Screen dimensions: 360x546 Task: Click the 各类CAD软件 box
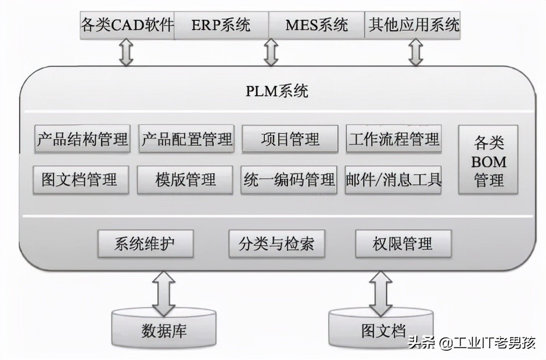[x=127, y=25]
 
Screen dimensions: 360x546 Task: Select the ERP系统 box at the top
[x=221, y=25]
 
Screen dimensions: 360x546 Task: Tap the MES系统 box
[x=317, y=25]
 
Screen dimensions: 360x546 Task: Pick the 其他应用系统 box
[x=413, y=25]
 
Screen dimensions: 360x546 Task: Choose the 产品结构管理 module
[x=82, y=139]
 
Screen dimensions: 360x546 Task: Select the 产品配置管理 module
[x=186, y=139]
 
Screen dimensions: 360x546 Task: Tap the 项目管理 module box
[x=290, y=139]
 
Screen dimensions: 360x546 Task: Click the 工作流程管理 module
[x=394, y=139]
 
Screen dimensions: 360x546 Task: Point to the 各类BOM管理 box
[x=488, y=160]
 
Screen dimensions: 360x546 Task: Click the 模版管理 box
[x=185, y=179]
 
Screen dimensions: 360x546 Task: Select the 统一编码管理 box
[x=289, y=179]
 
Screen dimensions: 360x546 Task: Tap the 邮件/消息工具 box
[x=393, y=179]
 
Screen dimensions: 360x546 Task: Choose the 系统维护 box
[x=145, y=244]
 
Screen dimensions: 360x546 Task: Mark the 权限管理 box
[x=403, y=244]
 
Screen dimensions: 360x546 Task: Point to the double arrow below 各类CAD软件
[x=126, y=53]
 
